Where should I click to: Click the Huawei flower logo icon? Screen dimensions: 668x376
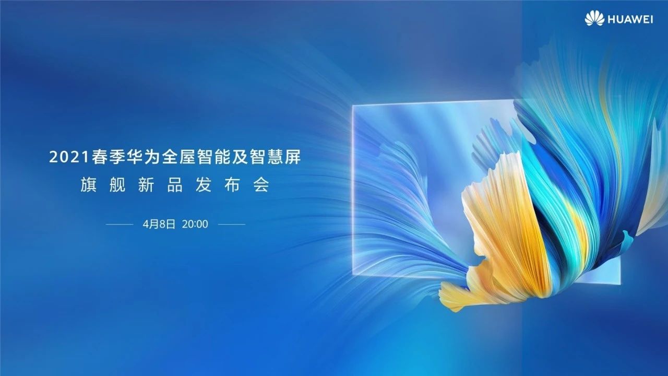(594, 18)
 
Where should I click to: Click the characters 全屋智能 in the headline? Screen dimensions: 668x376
(196, 157)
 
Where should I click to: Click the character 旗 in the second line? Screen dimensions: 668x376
(88, 185)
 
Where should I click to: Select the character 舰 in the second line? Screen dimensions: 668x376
(117, 185)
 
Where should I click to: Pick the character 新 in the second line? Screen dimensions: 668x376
(146, 185)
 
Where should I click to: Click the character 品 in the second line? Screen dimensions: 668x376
(175, 185)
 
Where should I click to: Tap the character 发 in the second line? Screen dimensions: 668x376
(204, 185)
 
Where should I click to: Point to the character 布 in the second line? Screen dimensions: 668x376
(232, 185)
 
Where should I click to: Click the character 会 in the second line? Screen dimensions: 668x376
(261, 185)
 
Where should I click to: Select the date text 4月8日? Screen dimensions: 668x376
(159, 224)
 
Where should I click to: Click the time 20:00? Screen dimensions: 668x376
(195, 224)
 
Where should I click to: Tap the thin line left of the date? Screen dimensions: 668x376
(120, 224)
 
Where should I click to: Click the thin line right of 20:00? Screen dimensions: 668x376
(232, 224)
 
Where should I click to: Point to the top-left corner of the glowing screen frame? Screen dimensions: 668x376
(353, 105)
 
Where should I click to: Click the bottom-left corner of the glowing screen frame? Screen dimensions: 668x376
(353, 275)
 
